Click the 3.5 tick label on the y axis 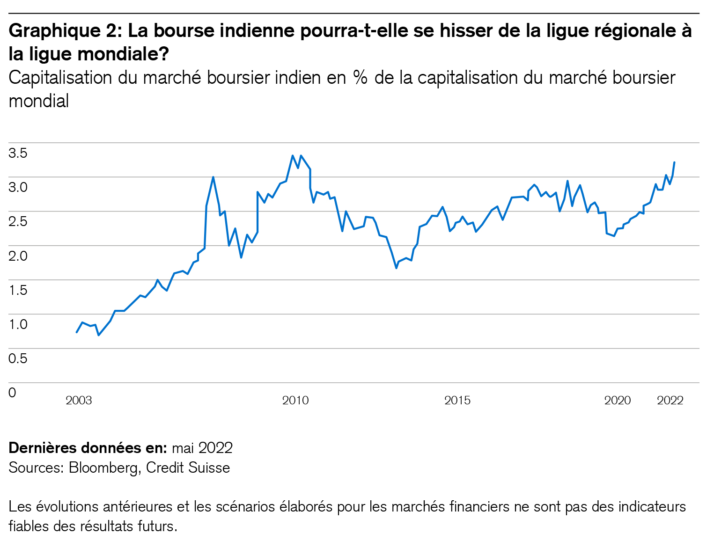point(18,153)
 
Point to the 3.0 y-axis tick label point(18,187)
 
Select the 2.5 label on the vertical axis point(18,221)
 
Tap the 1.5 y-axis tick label point(18,290)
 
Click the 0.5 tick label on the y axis point(18,358)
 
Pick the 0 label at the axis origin point(12,392)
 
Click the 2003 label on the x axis point(79,401)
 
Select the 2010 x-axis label point(295,401)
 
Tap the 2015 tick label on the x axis point(457,401)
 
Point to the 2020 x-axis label point(618,401)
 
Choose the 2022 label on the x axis point(670,401)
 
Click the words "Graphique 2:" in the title point(66,31)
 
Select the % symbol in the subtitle point(360,78)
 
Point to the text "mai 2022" point(202,448)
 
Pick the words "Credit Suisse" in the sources point(188,468)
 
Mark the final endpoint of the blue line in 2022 point(674,162)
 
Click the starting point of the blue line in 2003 point(77,332)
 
